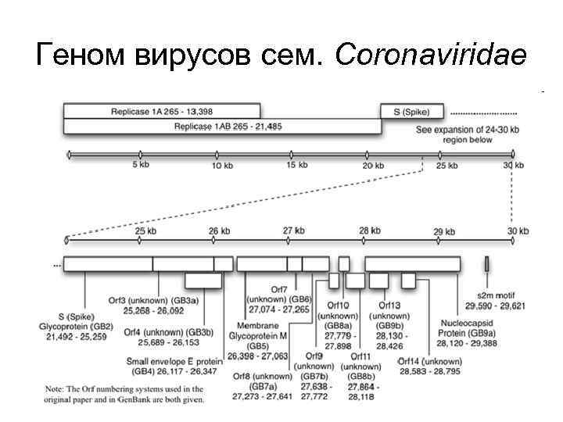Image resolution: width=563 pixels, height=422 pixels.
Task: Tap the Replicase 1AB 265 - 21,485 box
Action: (227, 125)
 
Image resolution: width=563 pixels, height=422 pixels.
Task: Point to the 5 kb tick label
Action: (141, 165)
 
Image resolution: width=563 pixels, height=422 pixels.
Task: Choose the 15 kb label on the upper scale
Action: (296, 165)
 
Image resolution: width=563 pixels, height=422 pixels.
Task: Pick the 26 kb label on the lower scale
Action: (219, 231)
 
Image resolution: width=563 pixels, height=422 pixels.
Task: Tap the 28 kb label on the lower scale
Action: (369, 231)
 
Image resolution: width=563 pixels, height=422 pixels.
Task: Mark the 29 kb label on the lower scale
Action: (443, 231)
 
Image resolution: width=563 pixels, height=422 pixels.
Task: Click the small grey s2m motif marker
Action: (486, 264)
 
